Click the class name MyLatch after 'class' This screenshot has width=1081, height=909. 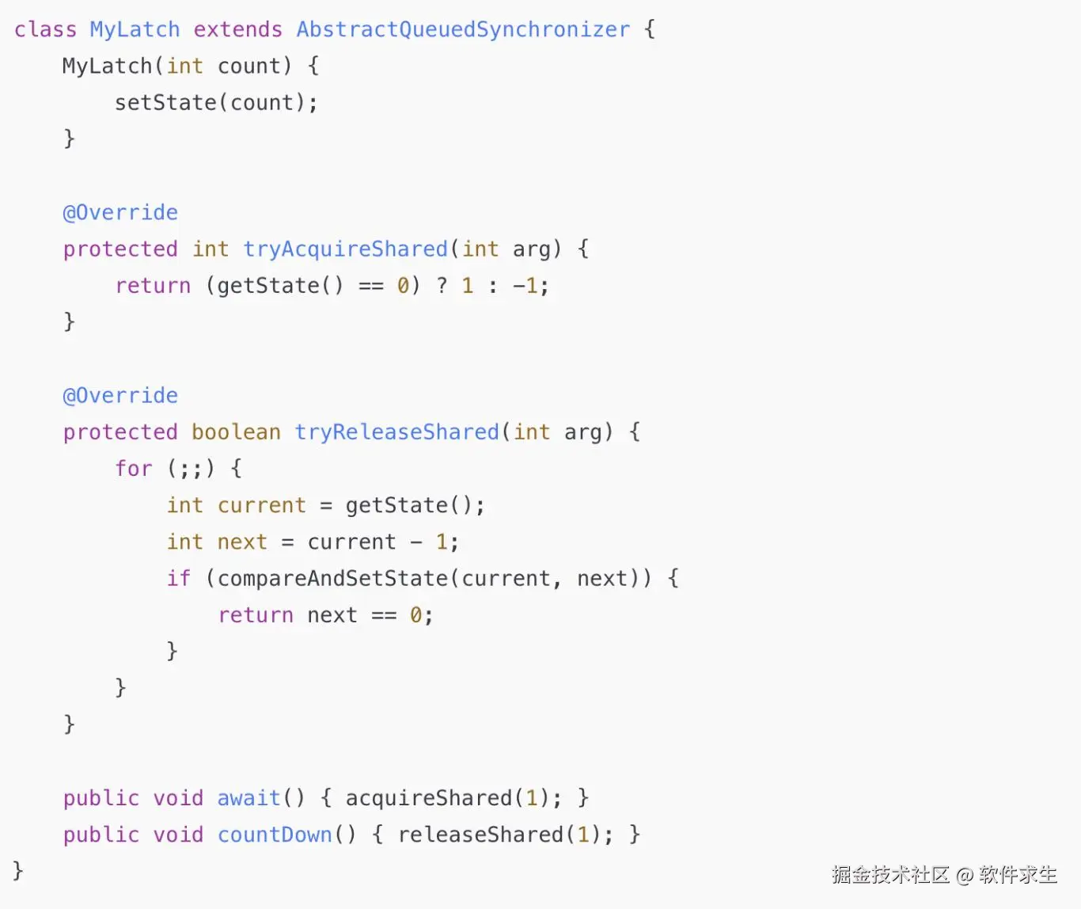click(x=135, y=29)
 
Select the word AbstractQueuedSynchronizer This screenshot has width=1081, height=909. click(x=463, y=29)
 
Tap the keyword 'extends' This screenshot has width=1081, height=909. click(x=237, y=29)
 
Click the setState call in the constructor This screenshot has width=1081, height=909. click(x=165, y=102)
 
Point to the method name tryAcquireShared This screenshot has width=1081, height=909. click(x=345, y=249)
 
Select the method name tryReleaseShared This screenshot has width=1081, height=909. click(x=396, y=432)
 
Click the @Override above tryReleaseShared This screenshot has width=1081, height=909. click(x=120, y=395)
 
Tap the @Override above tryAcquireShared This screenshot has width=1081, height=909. click(x=120, y=212)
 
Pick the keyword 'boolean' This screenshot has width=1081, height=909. click(x=236, y=432)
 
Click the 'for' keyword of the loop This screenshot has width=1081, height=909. click(x=133, y=468)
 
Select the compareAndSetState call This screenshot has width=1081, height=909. click(x=332, y=578)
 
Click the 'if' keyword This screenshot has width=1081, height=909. click(x=178, y=578)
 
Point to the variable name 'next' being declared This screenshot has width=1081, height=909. click(x=242, y=542)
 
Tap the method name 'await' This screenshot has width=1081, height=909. click(x=248, y=797)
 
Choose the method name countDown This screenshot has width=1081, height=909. click(x=275, y=835)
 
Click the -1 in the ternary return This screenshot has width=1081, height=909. click(x=525, y=285)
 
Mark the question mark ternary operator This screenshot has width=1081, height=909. click(x=442, y=285)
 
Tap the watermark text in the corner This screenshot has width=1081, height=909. click(x=944, y=874)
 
